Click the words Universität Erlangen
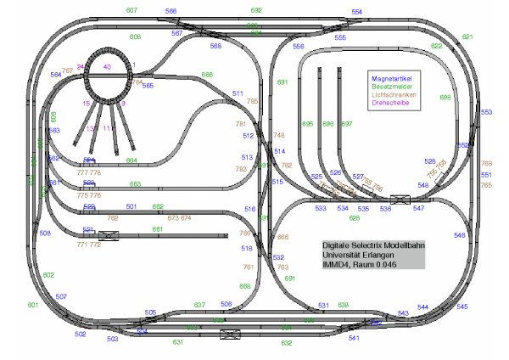tap(360, 255)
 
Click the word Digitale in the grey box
tap(338, 245)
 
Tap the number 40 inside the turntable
tap(107, 66)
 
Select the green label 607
tap(131, 10)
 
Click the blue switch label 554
tap(357, 12)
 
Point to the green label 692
tap(256, 10)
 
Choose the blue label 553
tap(486, 112)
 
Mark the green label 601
tap(33, 305)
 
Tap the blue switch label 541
tap(354, 338)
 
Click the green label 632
tap(287, 343)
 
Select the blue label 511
tap(238, 93)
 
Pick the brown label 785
tap(252, 101)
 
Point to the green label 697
tap(346, 124)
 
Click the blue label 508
tap(45, 233)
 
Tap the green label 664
tap(132, 160)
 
